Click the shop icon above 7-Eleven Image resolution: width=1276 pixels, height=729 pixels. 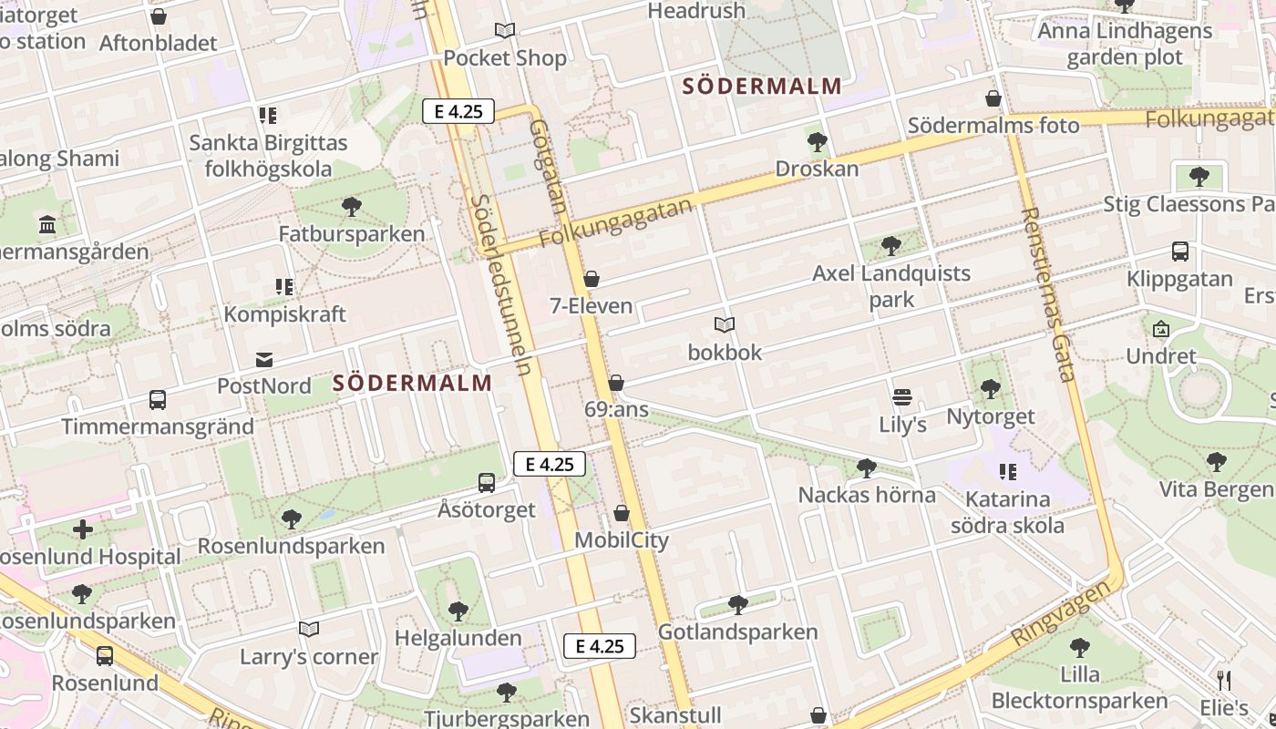592,279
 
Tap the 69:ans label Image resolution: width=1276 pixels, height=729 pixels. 616,410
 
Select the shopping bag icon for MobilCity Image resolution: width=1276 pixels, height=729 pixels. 622,514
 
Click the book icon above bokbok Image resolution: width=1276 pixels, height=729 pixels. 725,325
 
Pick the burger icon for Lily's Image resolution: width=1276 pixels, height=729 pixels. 902,397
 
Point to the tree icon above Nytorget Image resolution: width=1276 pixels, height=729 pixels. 991,390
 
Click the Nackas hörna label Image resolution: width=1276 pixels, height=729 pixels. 867,495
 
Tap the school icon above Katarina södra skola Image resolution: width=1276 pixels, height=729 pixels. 1007,472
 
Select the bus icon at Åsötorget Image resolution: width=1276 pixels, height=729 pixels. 487,483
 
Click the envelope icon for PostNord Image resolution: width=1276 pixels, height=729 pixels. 264,360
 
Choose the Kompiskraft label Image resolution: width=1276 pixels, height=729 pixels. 285,314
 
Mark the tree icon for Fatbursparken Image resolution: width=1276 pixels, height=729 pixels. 352,207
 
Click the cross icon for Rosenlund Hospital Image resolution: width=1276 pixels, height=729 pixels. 83,529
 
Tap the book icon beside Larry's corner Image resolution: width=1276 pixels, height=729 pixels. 309,630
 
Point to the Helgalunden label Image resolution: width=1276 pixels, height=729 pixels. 458,638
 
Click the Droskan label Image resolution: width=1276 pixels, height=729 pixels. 817,169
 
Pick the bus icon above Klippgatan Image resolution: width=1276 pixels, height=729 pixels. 1180,252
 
